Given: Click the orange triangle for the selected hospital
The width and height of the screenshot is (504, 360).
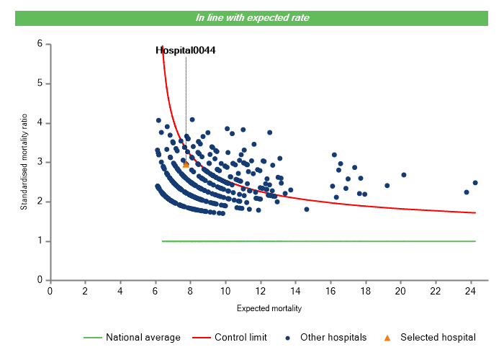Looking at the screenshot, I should [186, 165].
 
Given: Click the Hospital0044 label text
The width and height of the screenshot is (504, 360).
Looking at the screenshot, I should [186, 50].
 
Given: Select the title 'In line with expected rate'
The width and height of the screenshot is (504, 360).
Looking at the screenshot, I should [253, 18].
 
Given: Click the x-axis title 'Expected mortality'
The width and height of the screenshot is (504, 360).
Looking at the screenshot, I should [269, 308].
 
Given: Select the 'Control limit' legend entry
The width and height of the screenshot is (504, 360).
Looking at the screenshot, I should [240, 337].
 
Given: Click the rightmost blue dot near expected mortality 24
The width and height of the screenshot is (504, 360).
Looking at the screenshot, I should [475, 183].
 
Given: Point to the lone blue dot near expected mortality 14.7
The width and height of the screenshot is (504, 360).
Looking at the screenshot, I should [307, 210].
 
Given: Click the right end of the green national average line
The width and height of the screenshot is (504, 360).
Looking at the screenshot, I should [475, 241].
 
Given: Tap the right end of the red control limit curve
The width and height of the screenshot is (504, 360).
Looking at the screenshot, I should [475, 212].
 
